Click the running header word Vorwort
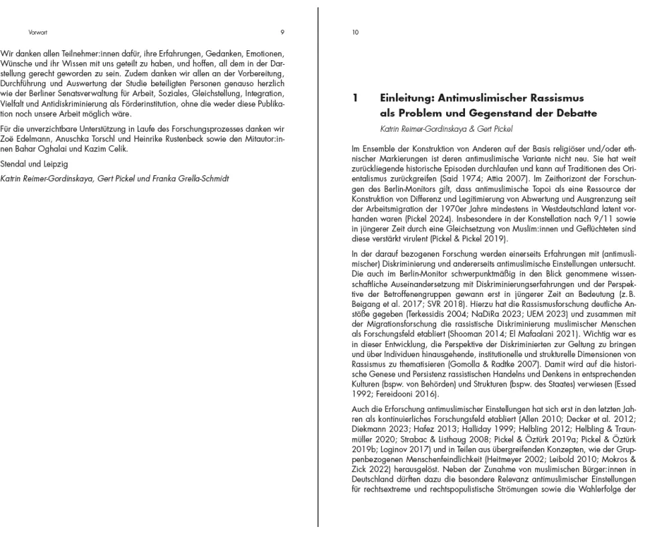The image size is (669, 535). pyautogui.click(x=38, y=31)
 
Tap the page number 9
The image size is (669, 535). pyautogui.click(x=282, y=31)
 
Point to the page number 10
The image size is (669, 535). pyautogui.click(x=355, y=31)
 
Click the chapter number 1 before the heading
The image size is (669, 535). pyautogui.click(x=355, y=98)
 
